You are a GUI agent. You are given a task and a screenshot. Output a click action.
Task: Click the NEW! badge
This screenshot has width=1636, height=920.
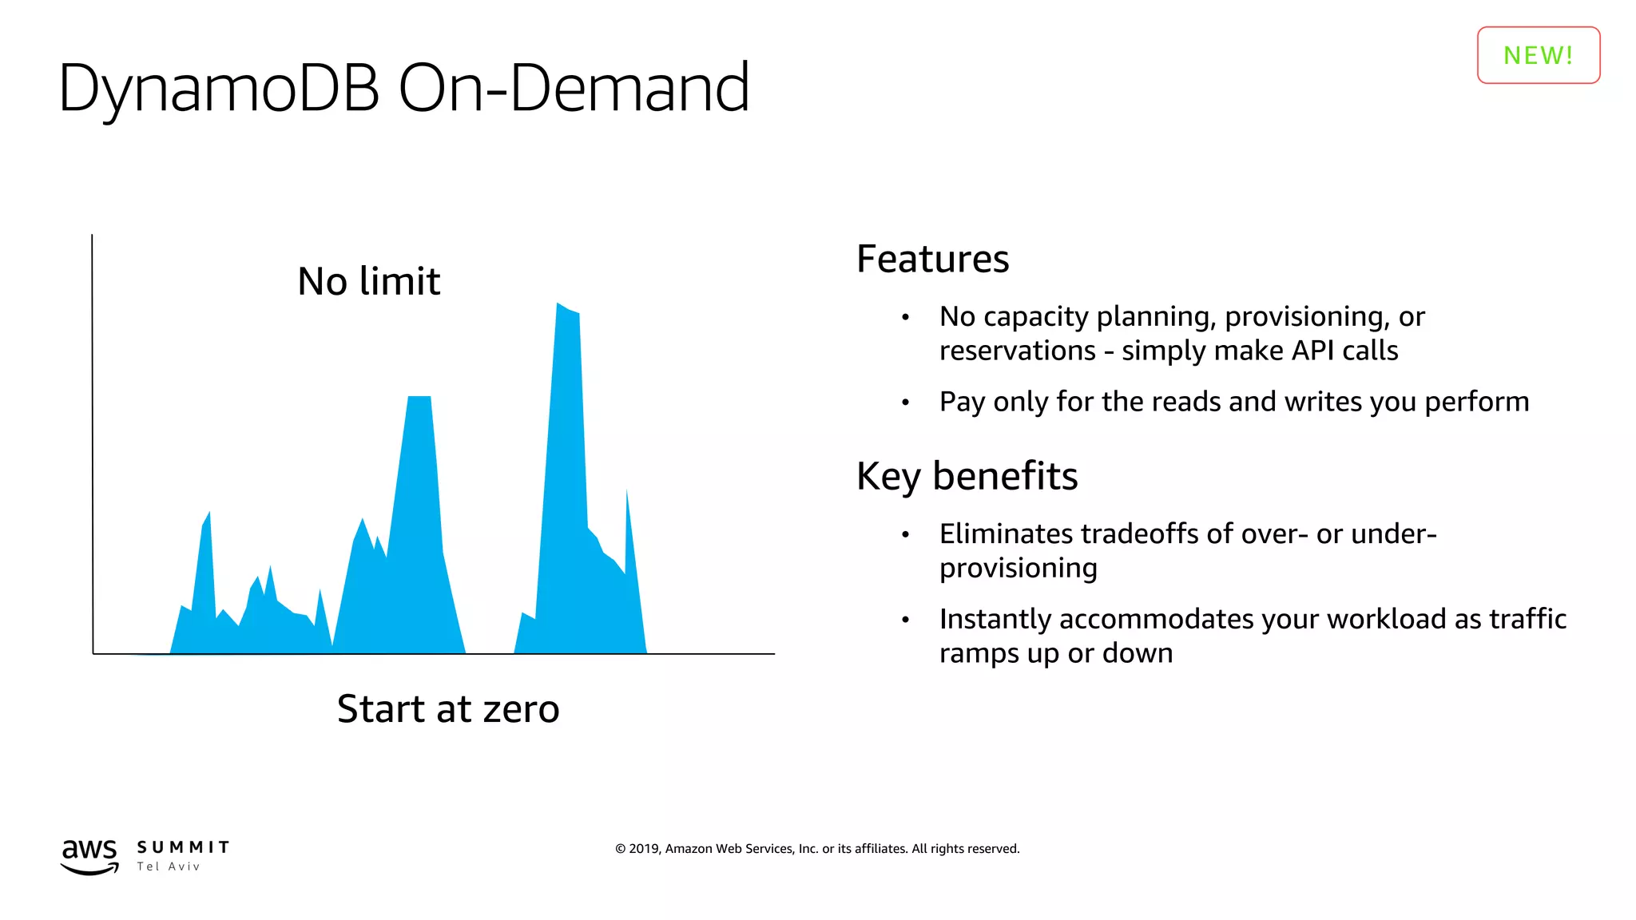[x=1538, y=55]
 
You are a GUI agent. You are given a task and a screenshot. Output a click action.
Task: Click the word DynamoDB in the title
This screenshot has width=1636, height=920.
[x=218, y=88]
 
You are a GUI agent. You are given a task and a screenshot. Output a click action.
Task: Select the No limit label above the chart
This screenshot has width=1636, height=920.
[x=368, y=281]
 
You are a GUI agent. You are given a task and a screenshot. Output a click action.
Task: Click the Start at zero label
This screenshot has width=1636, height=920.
[x=447, y=709]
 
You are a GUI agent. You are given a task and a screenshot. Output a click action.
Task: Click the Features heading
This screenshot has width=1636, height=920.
[x=932, y=259]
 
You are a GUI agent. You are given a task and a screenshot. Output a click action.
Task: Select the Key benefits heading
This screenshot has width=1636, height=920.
[x=967, y=476]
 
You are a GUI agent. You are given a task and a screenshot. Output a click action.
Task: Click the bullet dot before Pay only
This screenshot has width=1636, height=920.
[x=905, y=402]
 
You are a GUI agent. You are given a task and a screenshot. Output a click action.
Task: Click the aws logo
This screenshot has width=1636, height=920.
[x=89, y=855]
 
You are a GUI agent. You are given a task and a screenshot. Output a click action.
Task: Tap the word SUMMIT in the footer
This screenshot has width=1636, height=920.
[x=183, y=847]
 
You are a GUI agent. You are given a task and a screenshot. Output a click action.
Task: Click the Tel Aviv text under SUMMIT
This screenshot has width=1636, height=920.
[x=168, y=866]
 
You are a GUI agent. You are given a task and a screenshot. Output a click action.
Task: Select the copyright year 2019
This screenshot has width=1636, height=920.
[x=642, y=849]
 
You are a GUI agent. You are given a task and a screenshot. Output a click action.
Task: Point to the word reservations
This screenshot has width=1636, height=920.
[x=1017, y=351]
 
